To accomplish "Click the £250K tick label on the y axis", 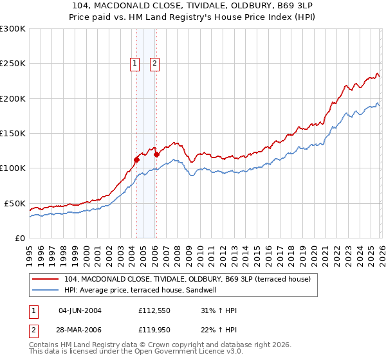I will (13, 64).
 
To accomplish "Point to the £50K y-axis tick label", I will (15, 203).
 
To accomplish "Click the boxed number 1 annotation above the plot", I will (135, 63).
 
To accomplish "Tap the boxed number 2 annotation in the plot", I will (156, 63).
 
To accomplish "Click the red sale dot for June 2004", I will (136, 159).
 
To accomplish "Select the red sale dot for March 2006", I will (157, 154).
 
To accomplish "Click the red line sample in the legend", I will (45, 279).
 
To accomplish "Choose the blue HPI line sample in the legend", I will (45, 290).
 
